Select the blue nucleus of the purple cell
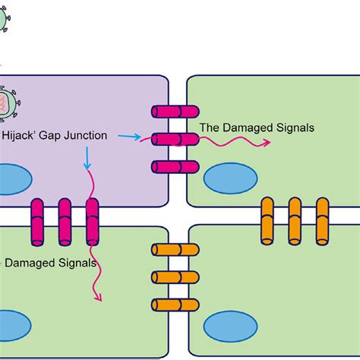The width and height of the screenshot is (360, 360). tap(11, 181)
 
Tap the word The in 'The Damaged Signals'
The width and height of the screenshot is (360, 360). tap(210, 128)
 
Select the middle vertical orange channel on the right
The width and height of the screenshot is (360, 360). tap(295, 221)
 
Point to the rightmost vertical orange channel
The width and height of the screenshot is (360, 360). tap(323, 221)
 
